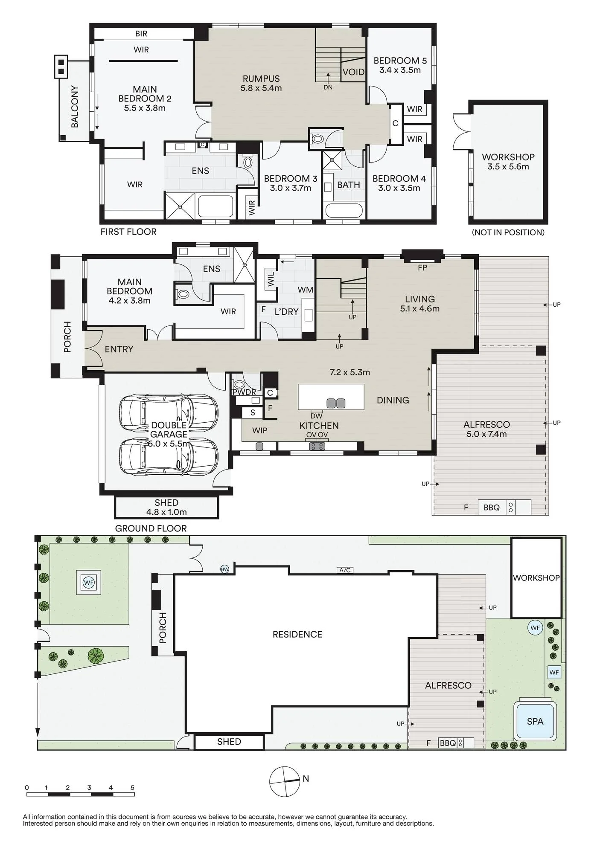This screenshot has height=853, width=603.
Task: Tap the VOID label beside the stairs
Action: (354, 72)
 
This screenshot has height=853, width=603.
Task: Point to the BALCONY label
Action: (75, 107)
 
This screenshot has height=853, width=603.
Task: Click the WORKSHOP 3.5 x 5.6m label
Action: (508, 162)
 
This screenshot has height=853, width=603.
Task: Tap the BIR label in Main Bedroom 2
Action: (141, 34)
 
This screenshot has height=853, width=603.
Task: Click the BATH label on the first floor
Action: (349, 185)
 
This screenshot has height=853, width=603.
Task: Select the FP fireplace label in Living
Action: (422, 268)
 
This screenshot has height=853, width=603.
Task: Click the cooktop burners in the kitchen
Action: (317, 446)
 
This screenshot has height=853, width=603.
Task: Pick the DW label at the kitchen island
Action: (316, 416)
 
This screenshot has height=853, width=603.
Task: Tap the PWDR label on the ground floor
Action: (245, 392)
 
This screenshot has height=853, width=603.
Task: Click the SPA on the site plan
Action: (535, 721)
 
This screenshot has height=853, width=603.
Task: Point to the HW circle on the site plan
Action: (224, 569)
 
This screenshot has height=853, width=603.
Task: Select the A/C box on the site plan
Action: (345, 570)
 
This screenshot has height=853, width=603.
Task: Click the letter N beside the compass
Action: (306, 778)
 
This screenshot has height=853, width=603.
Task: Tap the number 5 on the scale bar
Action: (132, 787)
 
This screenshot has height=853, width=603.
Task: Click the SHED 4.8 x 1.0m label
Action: (166, 507)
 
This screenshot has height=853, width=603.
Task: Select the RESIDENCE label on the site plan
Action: (297, 634)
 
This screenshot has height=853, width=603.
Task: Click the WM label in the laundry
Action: (306, 290)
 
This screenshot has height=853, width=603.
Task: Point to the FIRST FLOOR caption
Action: (128, 232)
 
